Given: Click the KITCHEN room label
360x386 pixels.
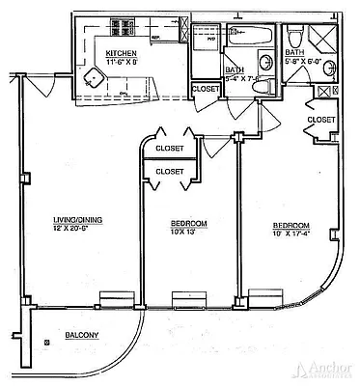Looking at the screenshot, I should [x=122, y=54].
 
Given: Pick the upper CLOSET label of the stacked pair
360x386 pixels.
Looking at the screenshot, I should [x=170, y=149].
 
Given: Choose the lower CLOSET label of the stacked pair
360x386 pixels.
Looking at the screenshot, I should [x=170, y=171].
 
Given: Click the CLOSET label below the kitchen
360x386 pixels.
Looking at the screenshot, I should [x=206, y=89].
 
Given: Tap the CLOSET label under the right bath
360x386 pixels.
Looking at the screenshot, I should [x=321, y=120].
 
